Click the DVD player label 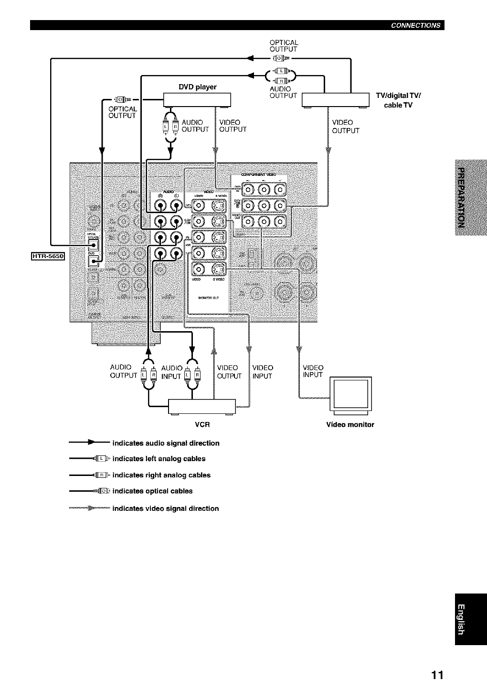197,87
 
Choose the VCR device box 202,406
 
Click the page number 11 437,675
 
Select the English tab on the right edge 471,620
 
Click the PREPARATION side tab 471,199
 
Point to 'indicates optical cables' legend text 152,491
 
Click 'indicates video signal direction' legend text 165,508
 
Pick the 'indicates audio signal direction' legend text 166,443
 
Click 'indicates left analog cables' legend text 159,459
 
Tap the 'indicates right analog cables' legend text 161,475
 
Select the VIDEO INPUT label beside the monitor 313,371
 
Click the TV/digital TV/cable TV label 398,100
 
